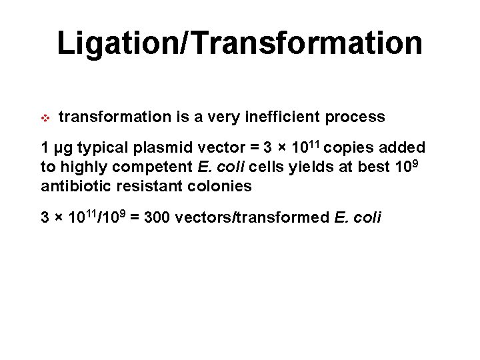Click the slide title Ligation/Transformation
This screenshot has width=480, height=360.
tap(239, 43)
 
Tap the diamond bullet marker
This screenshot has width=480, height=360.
tap(46, 118)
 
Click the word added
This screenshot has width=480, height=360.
tap(403, 148)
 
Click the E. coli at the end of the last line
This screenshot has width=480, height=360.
tap(357, 218)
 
